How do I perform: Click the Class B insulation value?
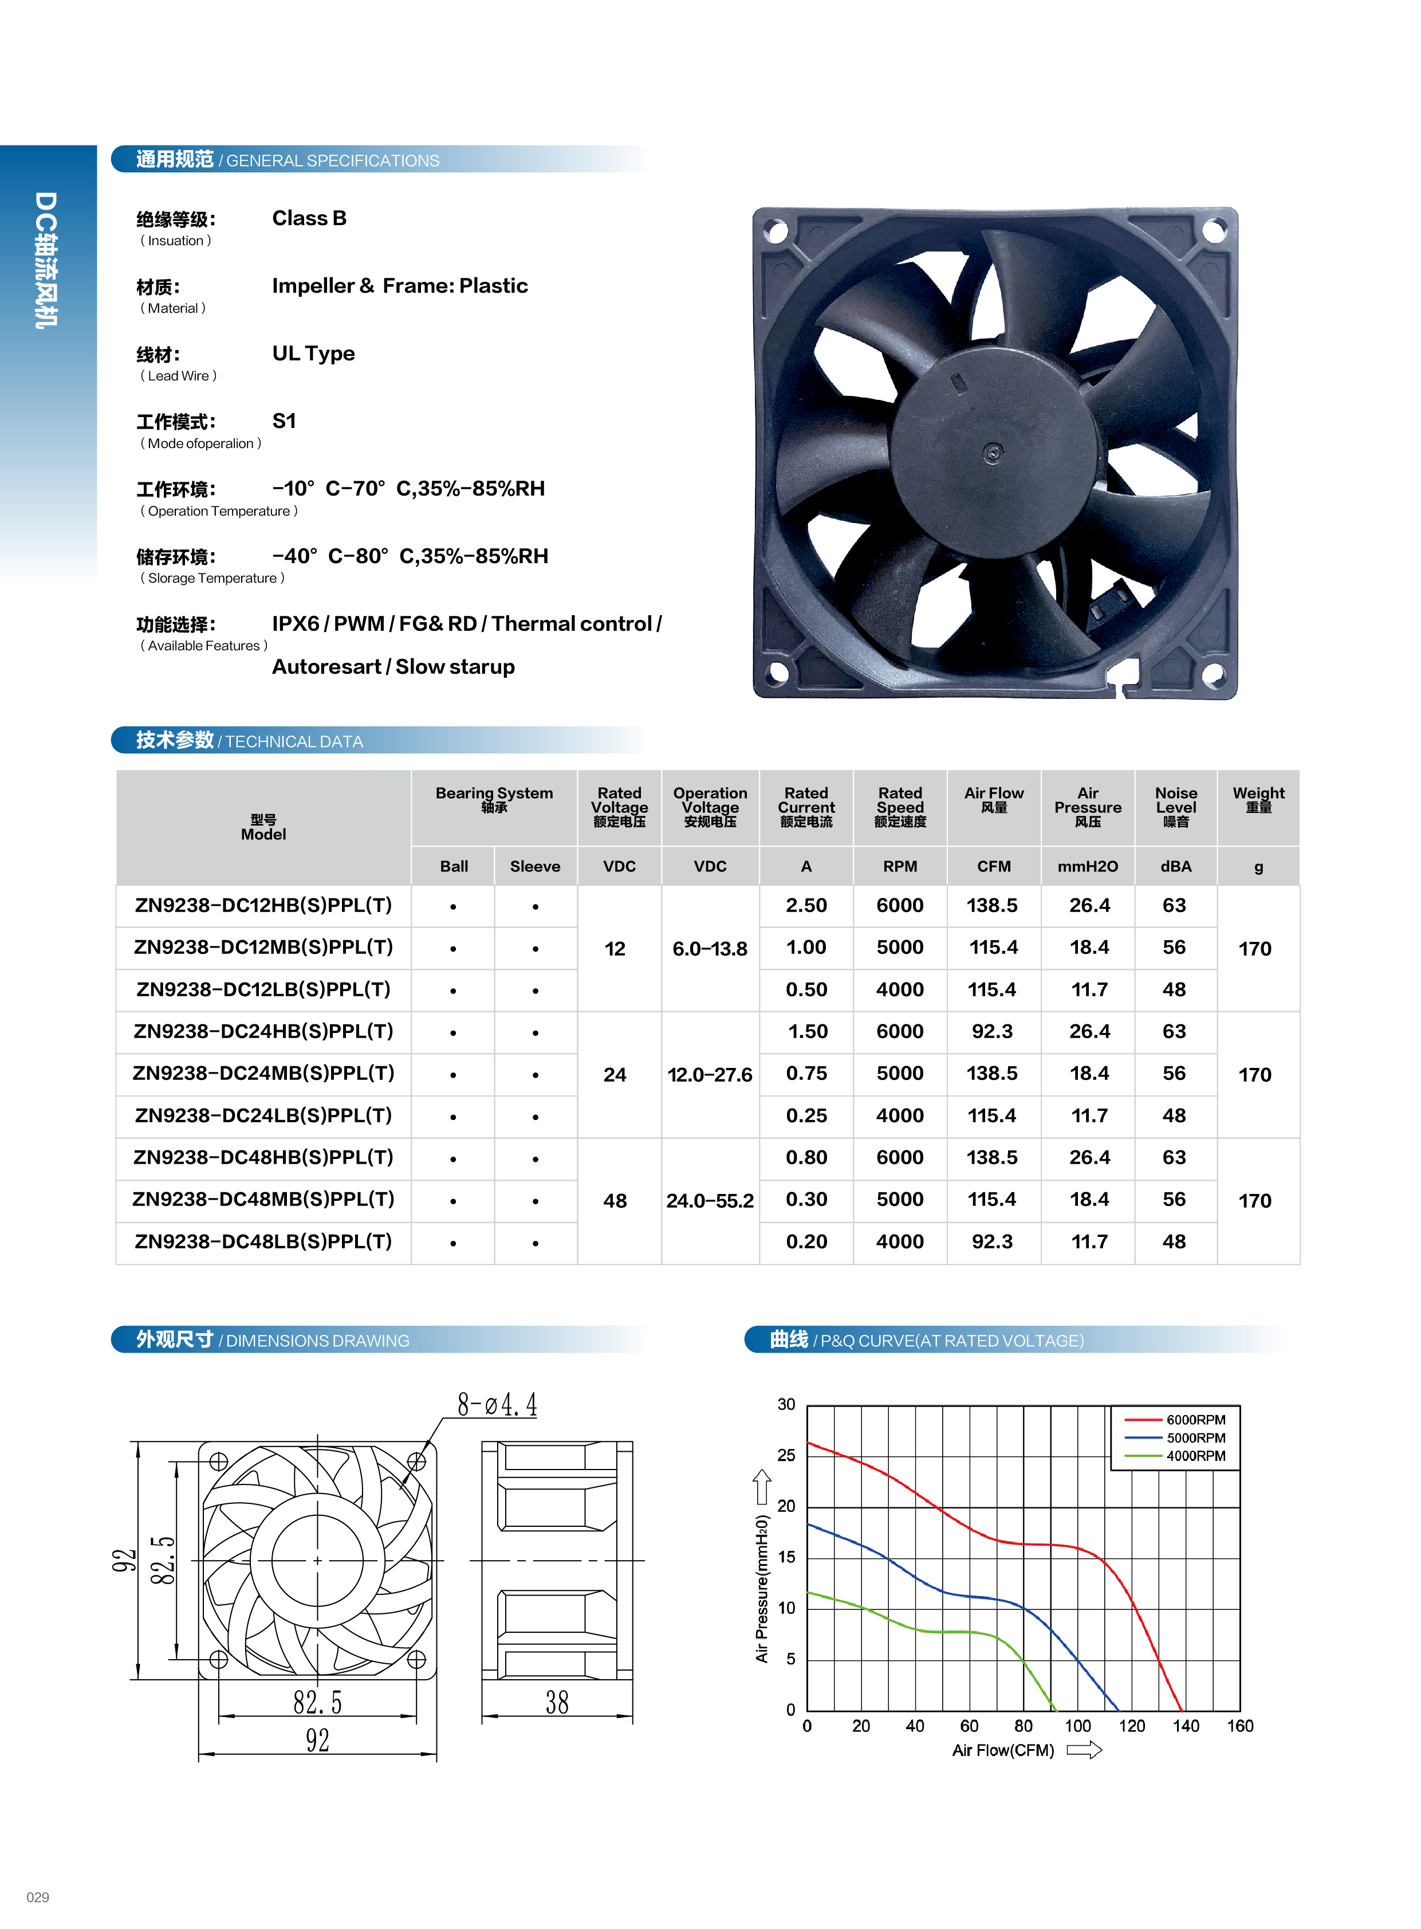[309, 218]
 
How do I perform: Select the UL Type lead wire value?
[313, 353]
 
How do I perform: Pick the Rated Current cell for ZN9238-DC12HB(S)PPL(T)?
[806, 905]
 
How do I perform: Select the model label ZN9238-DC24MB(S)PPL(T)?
[263, 1073]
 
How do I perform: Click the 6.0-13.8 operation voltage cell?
[710, 948]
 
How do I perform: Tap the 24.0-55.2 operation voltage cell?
[710, 1200]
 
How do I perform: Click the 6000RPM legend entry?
[1195, 1420]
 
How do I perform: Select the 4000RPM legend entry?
[1195, 1456]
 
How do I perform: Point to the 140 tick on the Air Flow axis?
[1186, 1726]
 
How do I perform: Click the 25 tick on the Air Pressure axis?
[786, 1455]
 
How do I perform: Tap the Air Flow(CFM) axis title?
[1003, 1750]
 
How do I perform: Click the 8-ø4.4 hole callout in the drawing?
[497, 1405]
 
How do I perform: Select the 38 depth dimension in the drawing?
[557, 1702]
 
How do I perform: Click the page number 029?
[38, 1897]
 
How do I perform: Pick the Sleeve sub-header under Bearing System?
[535, 866]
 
